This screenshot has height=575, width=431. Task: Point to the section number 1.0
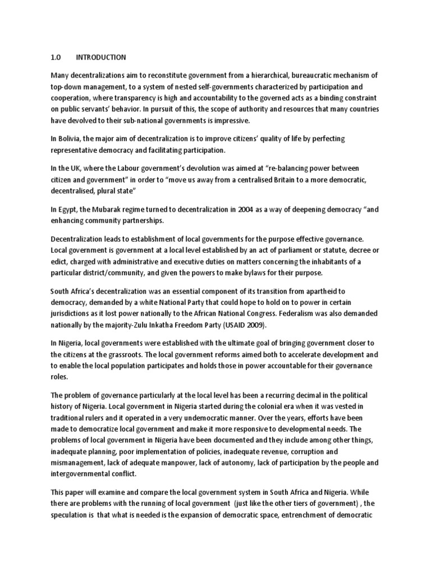coord(56,57)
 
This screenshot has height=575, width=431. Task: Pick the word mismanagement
coord(79,463)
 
